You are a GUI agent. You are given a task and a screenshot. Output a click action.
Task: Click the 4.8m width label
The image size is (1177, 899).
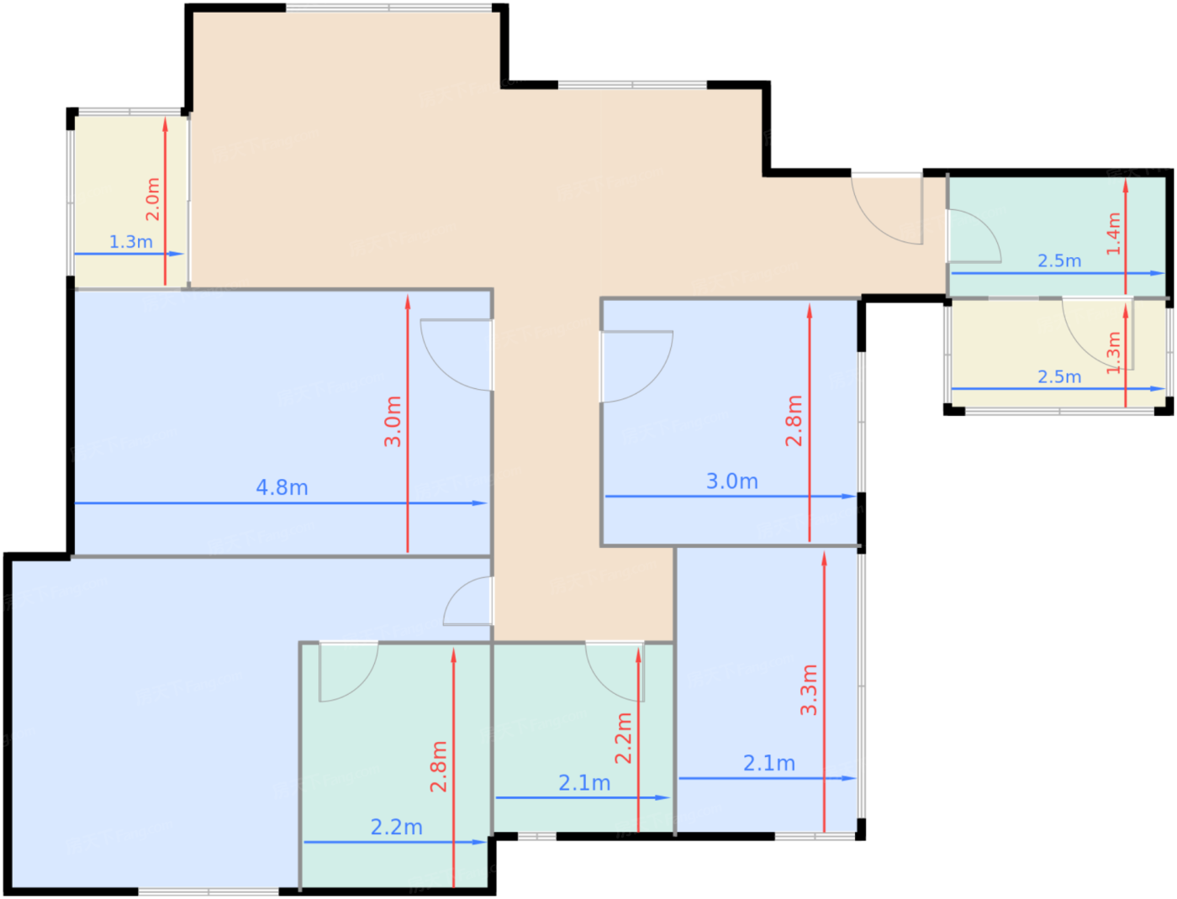[x=282, y=487]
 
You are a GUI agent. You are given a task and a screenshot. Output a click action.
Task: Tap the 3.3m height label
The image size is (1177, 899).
[x=809, y=690]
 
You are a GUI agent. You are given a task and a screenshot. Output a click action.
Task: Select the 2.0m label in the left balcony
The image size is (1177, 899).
[x=152, y=199]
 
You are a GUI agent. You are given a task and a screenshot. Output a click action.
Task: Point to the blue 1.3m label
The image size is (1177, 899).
[x=131, y=242]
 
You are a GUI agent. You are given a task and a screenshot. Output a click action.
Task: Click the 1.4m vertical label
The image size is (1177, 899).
[x=1113, y=233]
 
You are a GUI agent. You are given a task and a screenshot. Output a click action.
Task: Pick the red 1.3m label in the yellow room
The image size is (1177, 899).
[x=1113, y=353]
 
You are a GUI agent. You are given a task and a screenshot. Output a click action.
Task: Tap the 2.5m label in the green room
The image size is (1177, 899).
[x=1058, y=261]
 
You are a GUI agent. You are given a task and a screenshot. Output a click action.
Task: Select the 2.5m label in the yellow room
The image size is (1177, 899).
[x=1058, y=377]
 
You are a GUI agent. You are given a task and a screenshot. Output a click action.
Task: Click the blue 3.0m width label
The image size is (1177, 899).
[x=731, y=481]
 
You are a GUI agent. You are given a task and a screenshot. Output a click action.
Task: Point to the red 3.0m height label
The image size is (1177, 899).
[x=393, y=421]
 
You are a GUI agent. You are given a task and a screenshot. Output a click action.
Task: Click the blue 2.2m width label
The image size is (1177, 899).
[x=396, y=828]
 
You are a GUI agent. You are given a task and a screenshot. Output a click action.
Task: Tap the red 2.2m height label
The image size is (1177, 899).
[x=623, y=738]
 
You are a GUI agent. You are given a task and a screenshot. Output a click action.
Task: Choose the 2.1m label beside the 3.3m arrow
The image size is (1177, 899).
[x=768, y=764]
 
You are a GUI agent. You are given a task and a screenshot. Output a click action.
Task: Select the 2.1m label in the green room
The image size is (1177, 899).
[x=584, y=783]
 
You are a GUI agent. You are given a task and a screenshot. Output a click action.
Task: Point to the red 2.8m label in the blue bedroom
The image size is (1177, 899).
[x=794, y=421]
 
